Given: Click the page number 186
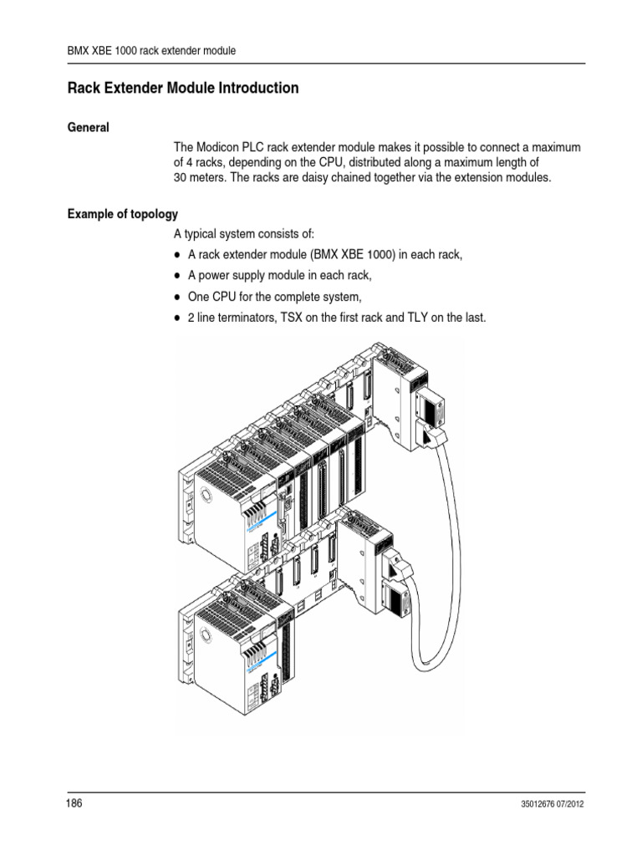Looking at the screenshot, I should [75, 803].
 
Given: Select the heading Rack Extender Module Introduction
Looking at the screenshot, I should [182, 88].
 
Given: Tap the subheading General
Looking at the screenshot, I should [89, 128].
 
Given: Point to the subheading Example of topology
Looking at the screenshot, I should [122, 215].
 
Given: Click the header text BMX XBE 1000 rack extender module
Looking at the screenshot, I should [151, 51].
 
